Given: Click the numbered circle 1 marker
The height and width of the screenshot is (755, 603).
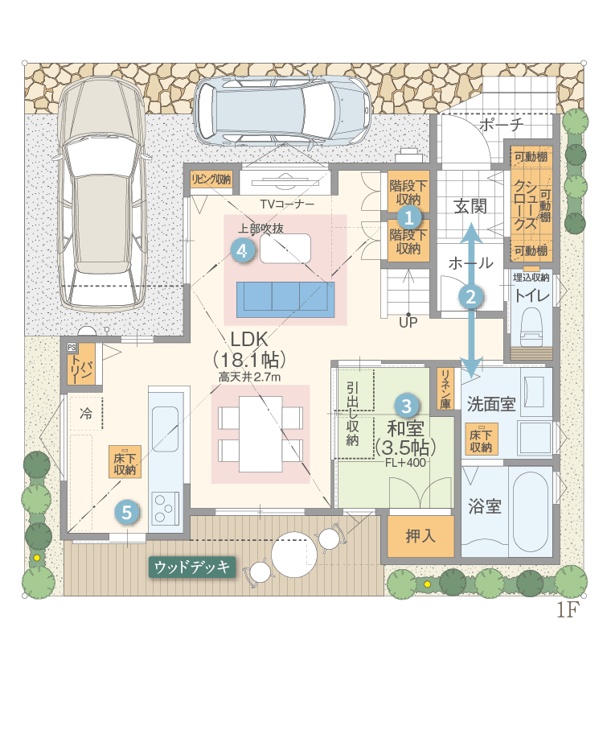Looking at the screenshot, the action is click(x=408, y=218).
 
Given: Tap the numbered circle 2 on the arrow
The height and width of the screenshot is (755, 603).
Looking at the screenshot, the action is click(x=471, y=296).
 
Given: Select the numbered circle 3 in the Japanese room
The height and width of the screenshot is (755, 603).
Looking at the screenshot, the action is click(x=406, y=406).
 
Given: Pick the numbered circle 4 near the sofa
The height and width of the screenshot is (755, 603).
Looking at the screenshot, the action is click(x=242, y=250).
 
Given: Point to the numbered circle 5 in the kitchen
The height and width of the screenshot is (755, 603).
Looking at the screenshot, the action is click(x=127, y=512).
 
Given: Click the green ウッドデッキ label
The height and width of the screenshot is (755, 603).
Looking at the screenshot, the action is click(x=192, y=567).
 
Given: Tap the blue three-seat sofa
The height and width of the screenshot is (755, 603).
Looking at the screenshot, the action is click(x=285, y=299).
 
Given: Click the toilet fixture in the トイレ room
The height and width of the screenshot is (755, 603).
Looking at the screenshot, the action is click(x=531, y=324).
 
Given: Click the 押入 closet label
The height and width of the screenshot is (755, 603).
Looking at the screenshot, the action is click(x=420, y=536).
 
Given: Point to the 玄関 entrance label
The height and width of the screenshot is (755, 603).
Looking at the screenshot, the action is click(x=470, y=207).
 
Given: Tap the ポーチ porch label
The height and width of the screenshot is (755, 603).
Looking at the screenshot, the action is click(x=502, y=125).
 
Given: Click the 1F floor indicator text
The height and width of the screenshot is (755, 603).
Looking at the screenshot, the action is click(x=568, y=609).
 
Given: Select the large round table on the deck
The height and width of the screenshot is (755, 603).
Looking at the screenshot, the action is click(x=293, y=555).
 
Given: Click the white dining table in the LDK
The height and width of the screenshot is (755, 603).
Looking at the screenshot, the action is click(x=260, y=434).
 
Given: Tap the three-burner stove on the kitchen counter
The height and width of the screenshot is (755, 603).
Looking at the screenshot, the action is click(x=165, y=509).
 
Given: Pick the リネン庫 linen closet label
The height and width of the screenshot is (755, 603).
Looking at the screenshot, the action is click(x=445, y=390).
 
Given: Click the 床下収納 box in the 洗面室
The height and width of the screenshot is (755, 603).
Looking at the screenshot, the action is click(x=480, y=439).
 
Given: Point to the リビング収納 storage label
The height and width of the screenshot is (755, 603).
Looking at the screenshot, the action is click(x=211, y=179).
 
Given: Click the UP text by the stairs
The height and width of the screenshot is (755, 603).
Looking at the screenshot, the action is click(x=408, y=323).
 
